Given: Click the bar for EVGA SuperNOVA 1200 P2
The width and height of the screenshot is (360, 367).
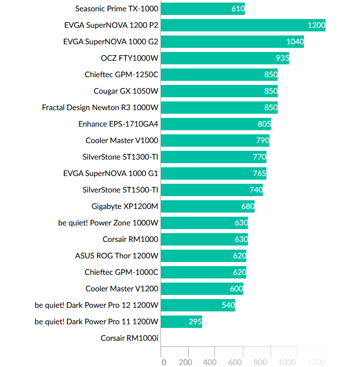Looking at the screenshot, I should [243, 25].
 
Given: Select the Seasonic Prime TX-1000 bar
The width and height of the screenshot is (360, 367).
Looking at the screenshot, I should [203, 9].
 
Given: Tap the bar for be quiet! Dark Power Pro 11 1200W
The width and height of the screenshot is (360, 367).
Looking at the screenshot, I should [182, 322].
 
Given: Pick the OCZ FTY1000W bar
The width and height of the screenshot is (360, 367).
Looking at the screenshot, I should [225, 58].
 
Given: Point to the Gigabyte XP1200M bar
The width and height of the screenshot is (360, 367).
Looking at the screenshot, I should [208, 206].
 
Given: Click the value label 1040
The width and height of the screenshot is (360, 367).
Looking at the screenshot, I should [295, 42].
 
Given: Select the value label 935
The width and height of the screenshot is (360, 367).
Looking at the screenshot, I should [280, 58].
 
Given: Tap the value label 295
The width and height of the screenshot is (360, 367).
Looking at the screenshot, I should [195, 322].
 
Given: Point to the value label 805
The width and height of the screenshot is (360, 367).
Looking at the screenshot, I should [264, 124].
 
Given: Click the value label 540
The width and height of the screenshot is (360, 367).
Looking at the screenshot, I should [228, 305].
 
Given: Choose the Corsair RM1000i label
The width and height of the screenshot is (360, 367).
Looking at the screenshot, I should [130, 338].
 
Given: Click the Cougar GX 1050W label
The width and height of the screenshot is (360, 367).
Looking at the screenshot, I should [126, 91].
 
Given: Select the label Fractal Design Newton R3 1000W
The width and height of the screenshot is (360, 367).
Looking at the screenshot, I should [100, 108].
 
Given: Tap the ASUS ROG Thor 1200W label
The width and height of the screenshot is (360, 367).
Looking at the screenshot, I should [117, 256].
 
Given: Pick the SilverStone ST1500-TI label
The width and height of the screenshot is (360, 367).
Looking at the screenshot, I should [120, 190].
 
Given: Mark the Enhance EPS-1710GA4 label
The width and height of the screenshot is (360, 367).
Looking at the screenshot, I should [118, 124].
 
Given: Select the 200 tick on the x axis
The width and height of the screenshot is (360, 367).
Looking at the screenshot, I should [186, 362].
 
